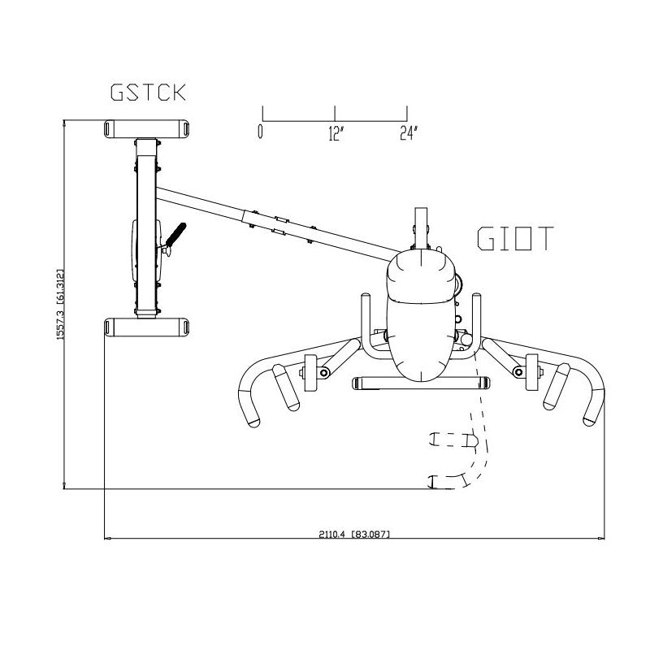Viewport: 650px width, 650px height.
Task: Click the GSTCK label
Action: (x=148, y=93)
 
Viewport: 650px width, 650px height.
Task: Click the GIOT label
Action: (x=515, y=238)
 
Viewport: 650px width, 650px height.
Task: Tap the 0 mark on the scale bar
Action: (x=260, y=131)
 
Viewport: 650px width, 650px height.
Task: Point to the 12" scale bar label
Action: (x=336, y=133)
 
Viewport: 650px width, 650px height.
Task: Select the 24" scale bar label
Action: (x=409, y=133)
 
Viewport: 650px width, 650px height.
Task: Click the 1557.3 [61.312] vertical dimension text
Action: (x=60, y=305)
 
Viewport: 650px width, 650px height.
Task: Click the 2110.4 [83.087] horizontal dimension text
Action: (x=354, y=534)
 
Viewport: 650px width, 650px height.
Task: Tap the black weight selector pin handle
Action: (x=175, y=234)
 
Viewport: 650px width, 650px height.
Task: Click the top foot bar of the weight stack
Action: (x=147, y=129)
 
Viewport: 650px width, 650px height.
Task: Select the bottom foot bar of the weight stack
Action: (x=147, y=327)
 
